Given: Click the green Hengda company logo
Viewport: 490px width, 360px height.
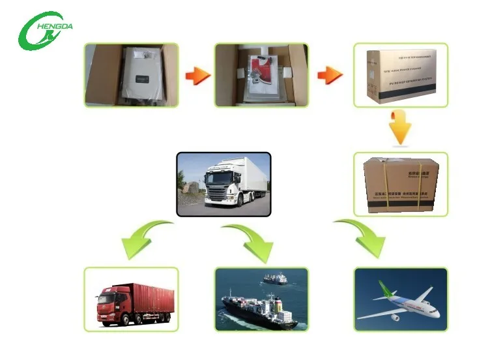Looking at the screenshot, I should (44, 29).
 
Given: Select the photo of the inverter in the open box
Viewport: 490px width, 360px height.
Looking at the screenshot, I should (131, 75).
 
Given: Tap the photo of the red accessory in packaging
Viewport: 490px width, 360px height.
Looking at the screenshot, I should (261, 75).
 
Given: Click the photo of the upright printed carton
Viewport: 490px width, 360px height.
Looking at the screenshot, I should (400, 75).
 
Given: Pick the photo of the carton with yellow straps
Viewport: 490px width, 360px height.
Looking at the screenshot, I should (400, 183).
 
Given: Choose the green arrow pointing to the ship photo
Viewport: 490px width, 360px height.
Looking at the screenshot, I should (251, 240).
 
